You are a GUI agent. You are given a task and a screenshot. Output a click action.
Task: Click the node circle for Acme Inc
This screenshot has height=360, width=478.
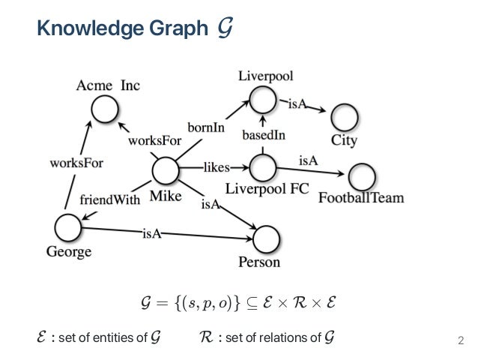click(104, 110)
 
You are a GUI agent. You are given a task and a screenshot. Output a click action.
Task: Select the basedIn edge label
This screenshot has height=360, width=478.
click(262, 136)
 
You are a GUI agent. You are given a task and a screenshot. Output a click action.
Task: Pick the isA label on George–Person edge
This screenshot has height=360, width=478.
click(152, 234)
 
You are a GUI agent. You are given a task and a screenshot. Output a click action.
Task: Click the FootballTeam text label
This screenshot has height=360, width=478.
click(361, 199)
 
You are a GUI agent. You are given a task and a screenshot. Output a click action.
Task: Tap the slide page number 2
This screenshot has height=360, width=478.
click(461, 343)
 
